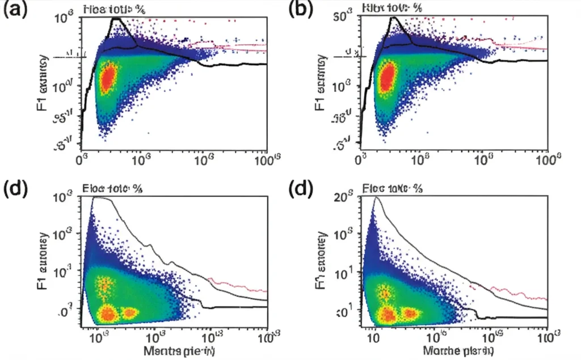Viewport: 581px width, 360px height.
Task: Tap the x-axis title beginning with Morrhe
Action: [x=461, y=351]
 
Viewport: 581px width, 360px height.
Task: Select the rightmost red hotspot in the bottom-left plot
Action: [x=130, y=312]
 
